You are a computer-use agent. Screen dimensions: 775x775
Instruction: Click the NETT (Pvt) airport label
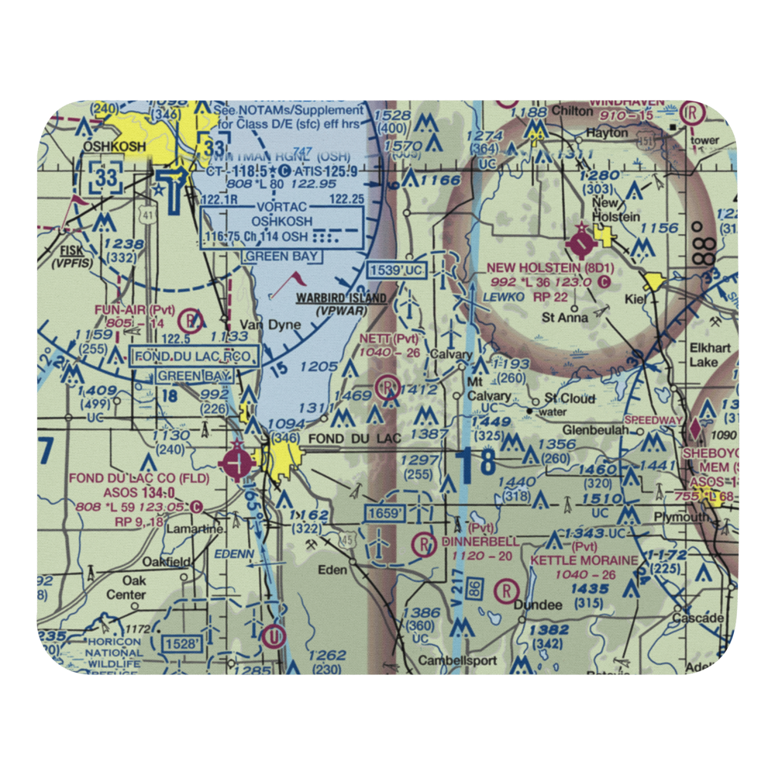[x=388, y=339]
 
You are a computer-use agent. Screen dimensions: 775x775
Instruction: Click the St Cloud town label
[x=570, y=398]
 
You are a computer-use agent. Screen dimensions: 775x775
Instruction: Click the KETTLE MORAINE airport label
[x=584, y=559]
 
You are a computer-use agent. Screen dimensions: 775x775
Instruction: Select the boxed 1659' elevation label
[x=385, y=513]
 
